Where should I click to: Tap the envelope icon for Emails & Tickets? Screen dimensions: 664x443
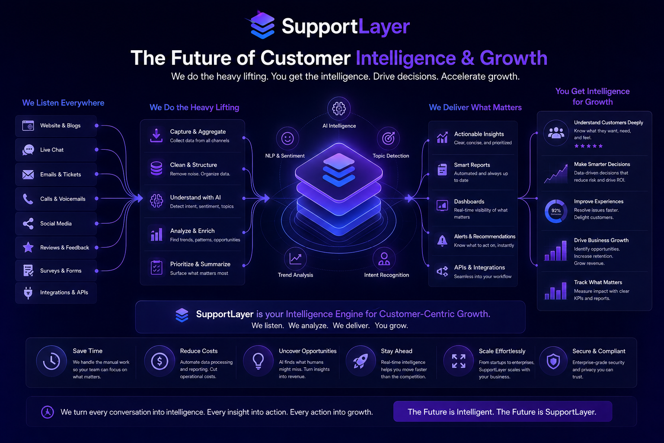(x=28, y=174)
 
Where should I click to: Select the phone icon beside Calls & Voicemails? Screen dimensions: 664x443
(x=28, y=199)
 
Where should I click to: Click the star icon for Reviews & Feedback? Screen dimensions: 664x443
(x=28, y=247)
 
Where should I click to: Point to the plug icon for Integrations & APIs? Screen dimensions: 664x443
(x=28, y=292)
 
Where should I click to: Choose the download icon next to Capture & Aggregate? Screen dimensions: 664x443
(x=156, y=135)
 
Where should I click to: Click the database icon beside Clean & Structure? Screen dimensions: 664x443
(x=156, y=168)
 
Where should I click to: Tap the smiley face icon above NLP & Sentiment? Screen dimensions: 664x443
(x=287, y=138)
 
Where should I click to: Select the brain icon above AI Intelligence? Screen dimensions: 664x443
(x=339, y=108)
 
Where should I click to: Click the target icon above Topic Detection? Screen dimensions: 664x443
(x=388, y=138)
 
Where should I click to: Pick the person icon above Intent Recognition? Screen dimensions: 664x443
(x=384, y=259)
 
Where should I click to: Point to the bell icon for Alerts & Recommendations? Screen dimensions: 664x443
(x=442, y=241)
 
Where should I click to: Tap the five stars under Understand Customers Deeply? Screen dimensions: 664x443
(x=588, y=146)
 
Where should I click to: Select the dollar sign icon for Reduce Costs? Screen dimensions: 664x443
(x=160, y=361)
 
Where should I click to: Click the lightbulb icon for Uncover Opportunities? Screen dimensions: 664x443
(x=258, y=361)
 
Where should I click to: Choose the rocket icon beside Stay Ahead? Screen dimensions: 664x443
(x=361, y=361)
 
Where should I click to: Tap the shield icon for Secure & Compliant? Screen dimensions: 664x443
(x=553, y=361)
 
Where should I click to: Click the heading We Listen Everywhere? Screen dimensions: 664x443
(x=63, y=103)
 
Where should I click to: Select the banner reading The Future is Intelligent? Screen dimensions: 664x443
(x=502, y=411)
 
